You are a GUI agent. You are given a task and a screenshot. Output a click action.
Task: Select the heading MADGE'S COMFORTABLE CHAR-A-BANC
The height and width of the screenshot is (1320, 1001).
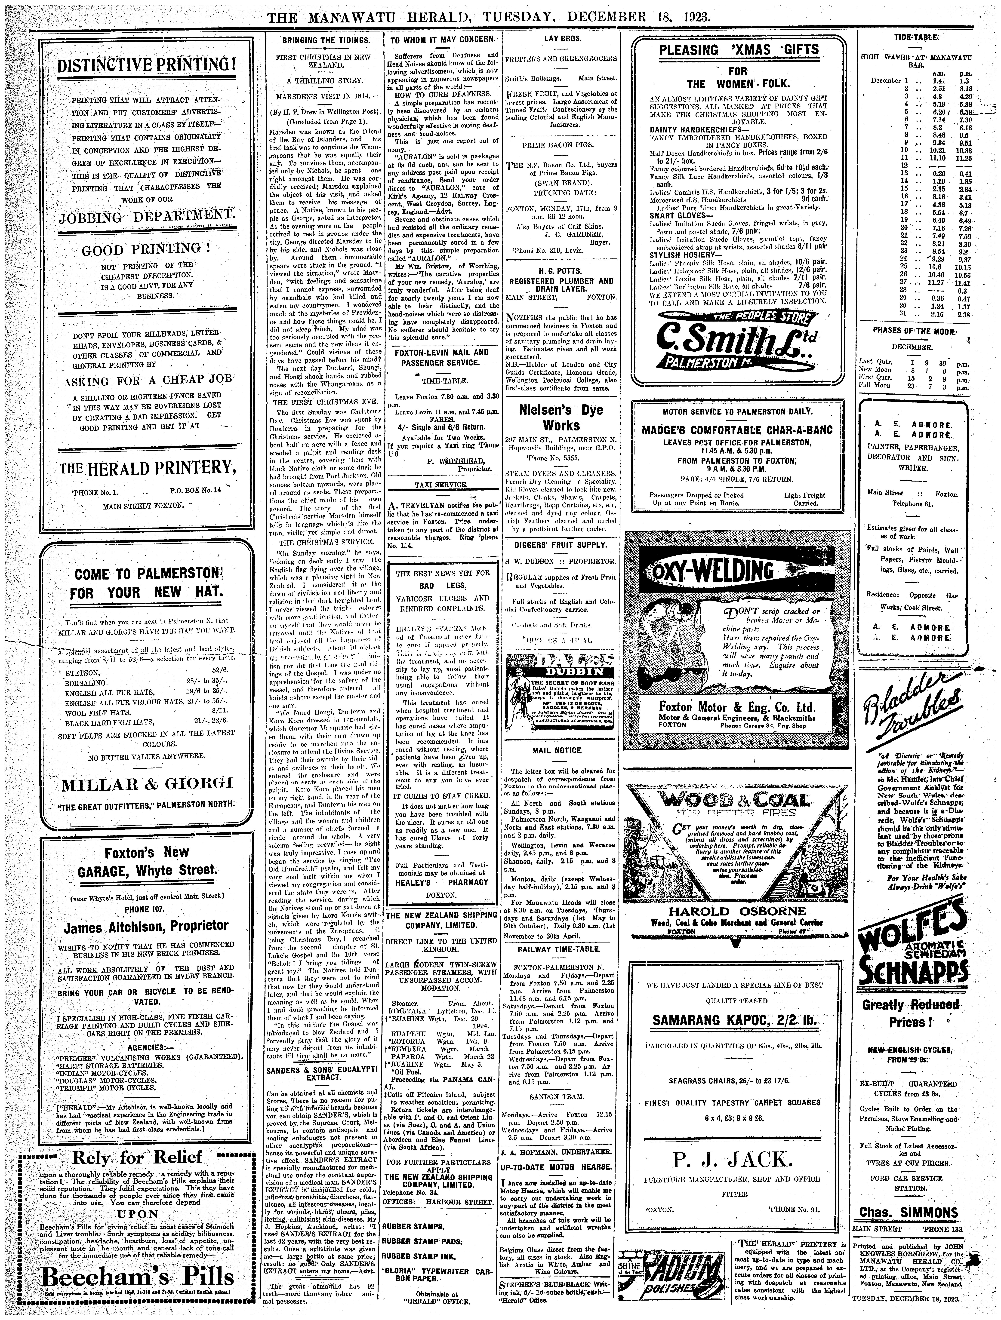(x=737, y=430)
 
